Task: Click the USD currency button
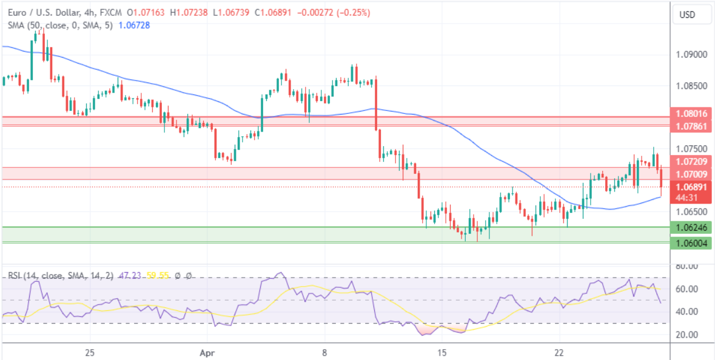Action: tap(687, 15)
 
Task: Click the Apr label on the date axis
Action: tap(207, 352)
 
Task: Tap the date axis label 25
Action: tap(90, 352)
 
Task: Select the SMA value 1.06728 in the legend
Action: tap(135, 25)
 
